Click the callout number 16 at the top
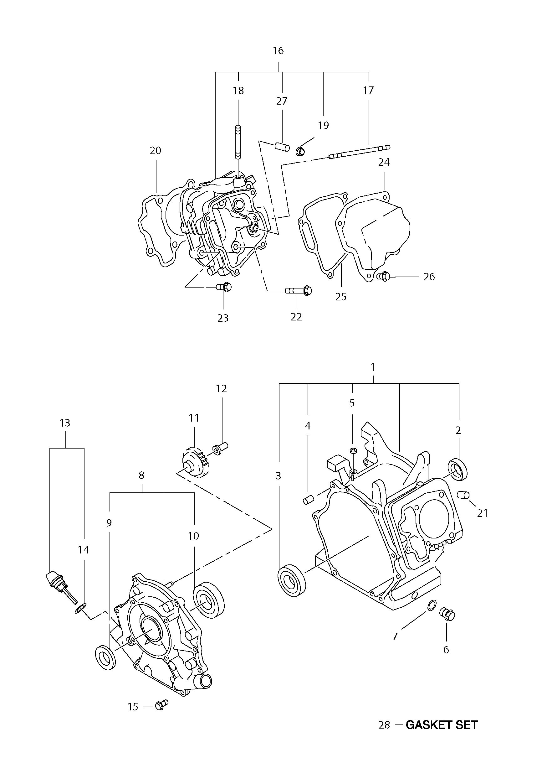click(x=278, y=50)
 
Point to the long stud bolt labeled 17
click(x=359, y=152)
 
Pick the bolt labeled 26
click(x=383, y=276)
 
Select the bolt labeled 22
click(x=299, y=290)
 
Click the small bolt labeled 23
click(x=224, y=287)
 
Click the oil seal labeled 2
click(x=458, y=470)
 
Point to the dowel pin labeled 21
click(x=463, y=495)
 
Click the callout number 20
click(x=155, y=151)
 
